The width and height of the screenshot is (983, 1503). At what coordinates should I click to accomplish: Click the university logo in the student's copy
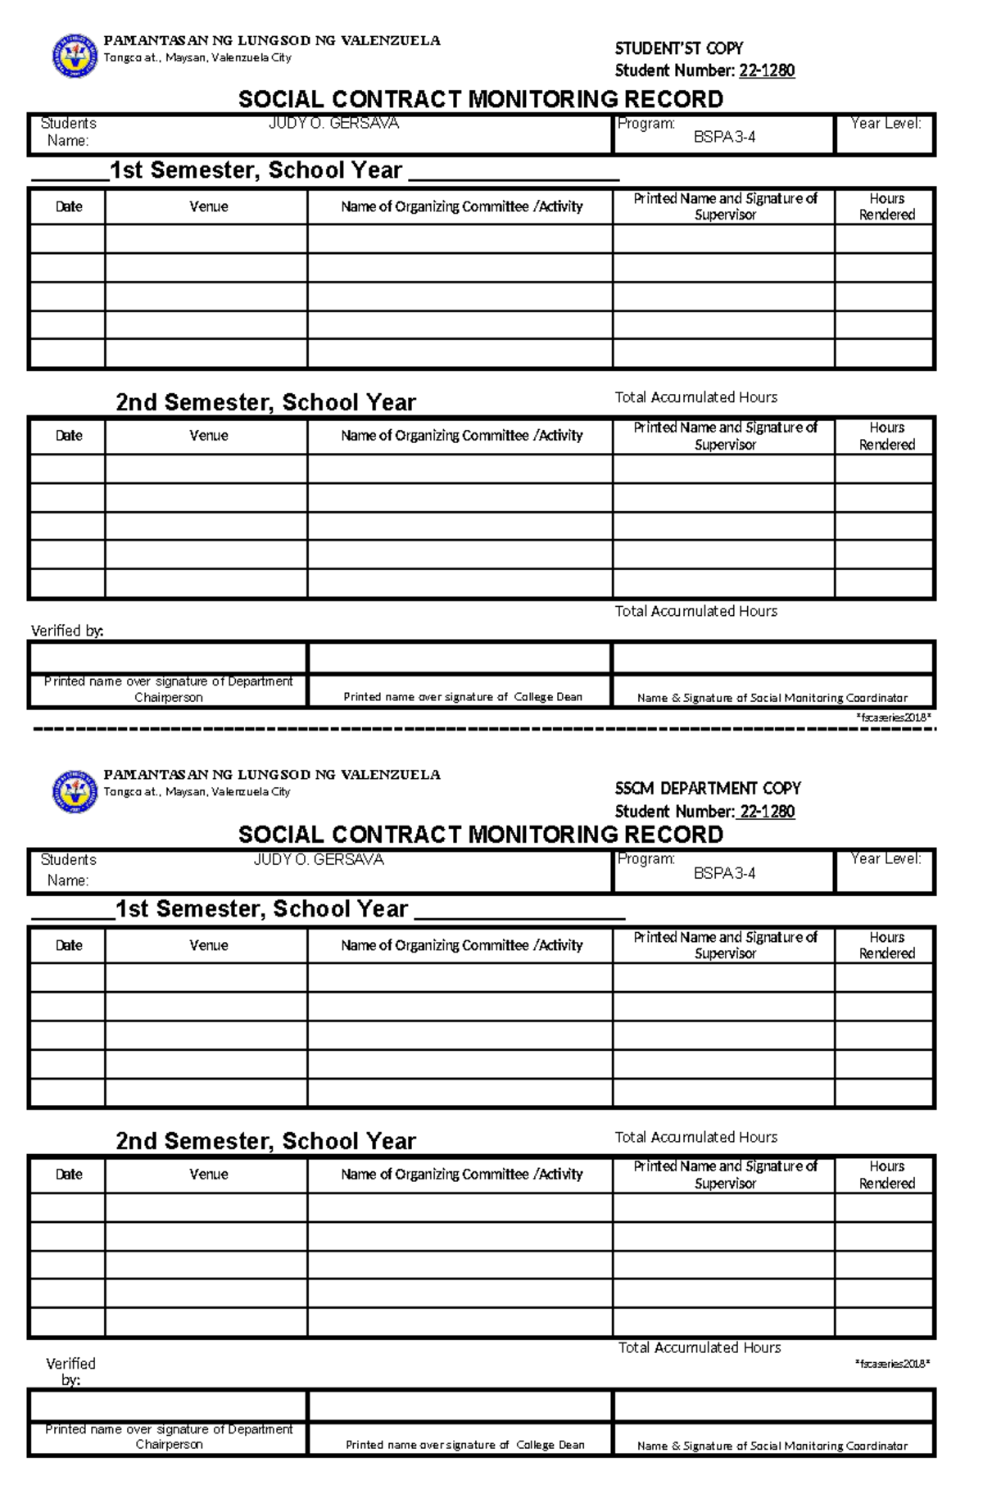75,56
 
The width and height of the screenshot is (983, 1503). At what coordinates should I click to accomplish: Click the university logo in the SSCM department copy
75,791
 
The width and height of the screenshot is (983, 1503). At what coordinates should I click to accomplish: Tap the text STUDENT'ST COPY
678,48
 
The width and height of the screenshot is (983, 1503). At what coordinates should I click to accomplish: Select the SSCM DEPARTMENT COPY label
708,788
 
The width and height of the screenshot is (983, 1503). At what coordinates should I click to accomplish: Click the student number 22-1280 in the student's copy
766,70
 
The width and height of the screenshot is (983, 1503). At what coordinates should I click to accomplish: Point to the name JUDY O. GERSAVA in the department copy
319,859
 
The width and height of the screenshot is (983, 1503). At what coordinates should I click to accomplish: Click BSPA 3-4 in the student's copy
724,138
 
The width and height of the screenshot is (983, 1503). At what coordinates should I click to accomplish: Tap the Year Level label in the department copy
886,858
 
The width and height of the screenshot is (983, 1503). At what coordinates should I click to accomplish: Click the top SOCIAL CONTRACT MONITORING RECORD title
480,99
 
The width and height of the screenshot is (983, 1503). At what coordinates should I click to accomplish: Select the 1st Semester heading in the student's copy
256,170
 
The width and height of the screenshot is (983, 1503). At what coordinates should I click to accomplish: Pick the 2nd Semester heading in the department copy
265,1141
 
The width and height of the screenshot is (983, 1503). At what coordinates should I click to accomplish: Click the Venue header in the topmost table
208,206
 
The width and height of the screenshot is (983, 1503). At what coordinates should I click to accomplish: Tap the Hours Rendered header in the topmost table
886,206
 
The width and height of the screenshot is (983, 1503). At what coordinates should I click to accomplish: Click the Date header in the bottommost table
69,1174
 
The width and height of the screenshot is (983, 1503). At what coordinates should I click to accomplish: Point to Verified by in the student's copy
67,631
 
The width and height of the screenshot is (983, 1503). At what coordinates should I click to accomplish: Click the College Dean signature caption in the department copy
464,1445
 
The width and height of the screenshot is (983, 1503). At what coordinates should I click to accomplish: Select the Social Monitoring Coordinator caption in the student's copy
772,698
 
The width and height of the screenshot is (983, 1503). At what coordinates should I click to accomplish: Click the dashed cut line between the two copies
483,728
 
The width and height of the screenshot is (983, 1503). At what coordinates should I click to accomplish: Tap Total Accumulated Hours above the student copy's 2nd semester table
695,397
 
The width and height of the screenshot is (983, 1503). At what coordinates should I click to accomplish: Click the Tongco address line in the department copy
197,792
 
